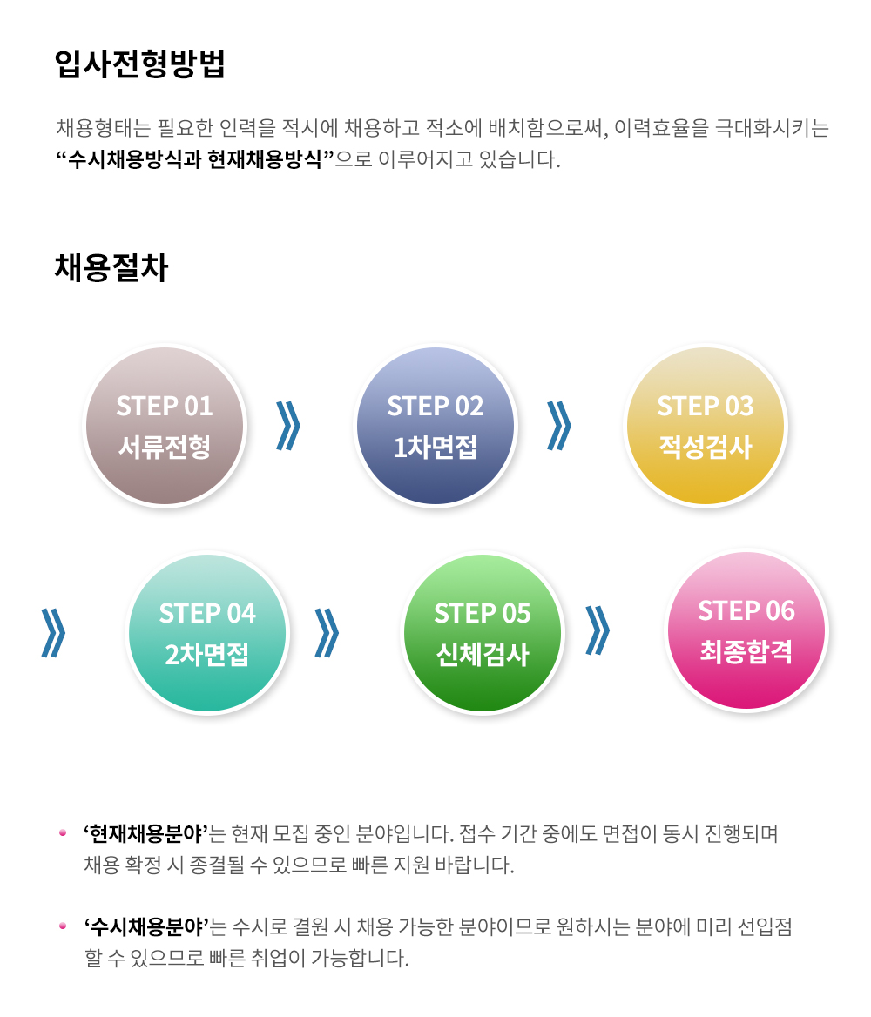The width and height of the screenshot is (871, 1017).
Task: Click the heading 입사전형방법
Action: pyautogui.click(x=139, y=64)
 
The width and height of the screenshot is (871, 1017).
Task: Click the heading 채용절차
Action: pyautogui.click(x=111, y=267)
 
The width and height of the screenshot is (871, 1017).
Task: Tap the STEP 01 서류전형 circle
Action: pyautogui.click(x=165, y=426)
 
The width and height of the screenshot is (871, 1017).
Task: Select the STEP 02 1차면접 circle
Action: pyautogui.click(x=435, y=426)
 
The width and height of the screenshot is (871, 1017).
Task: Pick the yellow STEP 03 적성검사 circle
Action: pyautogui.click(x=706, y=426)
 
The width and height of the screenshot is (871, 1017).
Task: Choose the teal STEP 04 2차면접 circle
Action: pyautogui.click(x=207, y=632)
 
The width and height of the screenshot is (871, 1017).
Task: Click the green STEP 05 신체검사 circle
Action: pyautogui.click(x=483, y=632)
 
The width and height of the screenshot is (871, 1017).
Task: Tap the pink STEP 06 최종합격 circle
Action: pyautogui.click(x=746, y=630)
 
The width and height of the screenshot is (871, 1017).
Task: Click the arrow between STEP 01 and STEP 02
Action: pyautogui.click(x=288, y=426)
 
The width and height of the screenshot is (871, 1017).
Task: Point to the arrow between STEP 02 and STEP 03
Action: pyautogui.click(x=559, y=426)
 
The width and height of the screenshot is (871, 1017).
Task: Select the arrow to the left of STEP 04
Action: pyautogui.click(x=53, y=632)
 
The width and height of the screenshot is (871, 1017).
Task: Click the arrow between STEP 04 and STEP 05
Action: pyautogui.click(x=327, y=632)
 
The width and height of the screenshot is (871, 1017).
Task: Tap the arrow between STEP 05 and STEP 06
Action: pyautogui.click(x=598, y=630)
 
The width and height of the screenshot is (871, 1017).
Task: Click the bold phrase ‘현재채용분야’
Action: pyautogui.click(x=146, y=832)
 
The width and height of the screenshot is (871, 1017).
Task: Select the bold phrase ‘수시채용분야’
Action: pyautogui.click(x=146, y=926)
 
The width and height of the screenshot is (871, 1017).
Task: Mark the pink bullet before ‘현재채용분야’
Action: pyautogui.click(x=63, y=832)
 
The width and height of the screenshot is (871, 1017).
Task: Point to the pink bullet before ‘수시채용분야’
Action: pyautogui.click(x=63, y=926)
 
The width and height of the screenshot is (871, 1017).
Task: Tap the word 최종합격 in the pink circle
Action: pyautogui.click(x=746, y=651)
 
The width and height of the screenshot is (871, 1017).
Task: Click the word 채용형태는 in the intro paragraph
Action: pyautogui.click(x=103, y=128)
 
